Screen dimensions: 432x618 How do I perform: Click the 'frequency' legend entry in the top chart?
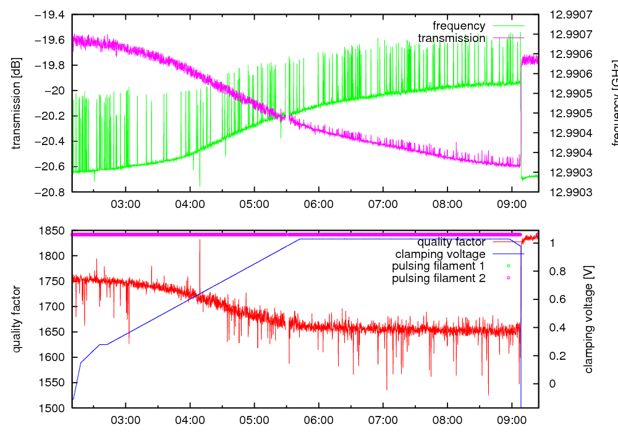(459, 26)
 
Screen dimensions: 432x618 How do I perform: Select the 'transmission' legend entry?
(452, 38)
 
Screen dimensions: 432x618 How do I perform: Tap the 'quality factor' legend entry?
(451, 242)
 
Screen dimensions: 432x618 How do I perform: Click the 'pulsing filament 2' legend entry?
(439, 279)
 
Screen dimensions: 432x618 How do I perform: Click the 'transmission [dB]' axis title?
(17, 104)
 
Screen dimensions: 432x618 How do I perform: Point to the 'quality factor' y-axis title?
(17, 319)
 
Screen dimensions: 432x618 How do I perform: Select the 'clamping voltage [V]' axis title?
(588, 319)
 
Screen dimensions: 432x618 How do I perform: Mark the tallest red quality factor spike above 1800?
(200, 241)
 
